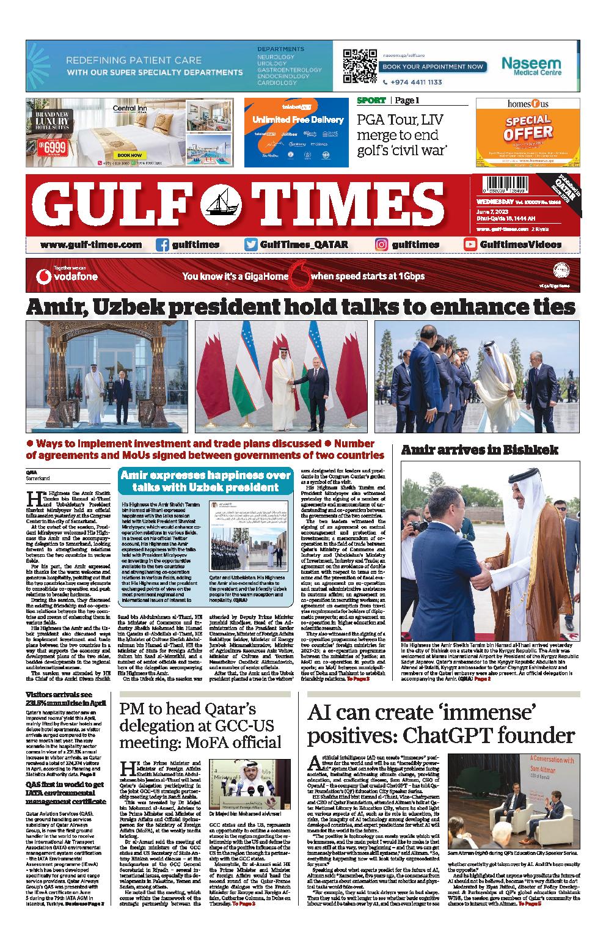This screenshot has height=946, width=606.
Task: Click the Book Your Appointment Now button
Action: point(435,66)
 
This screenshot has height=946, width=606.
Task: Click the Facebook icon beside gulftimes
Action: point(162,245)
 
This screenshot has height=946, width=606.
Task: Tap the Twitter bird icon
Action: point(250,245)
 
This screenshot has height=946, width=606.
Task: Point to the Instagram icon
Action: point(381,245)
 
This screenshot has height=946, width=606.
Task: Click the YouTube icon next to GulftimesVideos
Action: point(470,245)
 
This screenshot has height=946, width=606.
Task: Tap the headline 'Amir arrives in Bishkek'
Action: point(480,450)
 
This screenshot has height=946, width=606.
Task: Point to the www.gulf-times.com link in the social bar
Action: point(91,245)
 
